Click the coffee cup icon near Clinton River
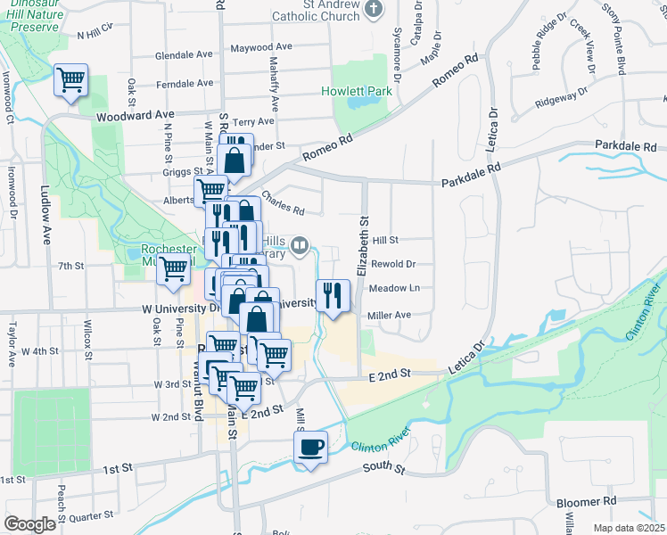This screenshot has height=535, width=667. coord(310,447)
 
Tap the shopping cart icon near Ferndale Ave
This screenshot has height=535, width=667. coord(70,80)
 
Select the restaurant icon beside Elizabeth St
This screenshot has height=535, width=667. coord(333,295)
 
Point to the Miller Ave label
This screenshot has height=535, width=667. coord(389,315)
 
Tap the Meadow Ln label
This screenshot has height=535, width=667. coord(394,288)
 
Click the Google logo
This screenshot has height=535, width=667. coord(29,524)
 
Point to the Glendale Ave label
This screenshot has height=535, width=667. coord(185,55)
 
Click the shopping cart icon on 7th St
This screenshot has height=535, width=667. coord(174,268)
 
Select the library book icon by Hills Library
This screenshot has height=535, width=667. coord(301,243)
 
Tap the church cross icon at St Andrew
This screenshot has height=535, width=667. coord(375,9)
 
